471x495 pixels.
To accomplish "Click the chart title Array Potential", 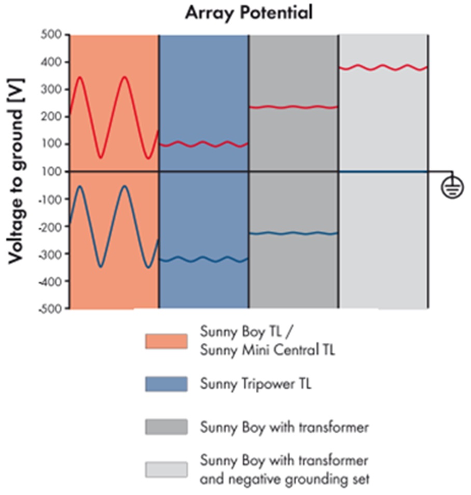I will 249,12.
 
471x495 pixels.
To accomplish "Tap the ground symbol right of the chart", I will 452,188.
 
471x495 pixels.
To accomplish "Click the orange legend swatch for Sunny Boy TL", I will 166,342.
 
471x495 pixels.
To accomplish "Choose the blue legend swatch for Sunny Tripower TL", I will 166,384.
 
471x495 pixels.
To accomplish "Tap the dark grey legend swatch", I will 166,427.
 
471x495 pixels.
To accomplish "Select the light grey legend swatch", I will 166,469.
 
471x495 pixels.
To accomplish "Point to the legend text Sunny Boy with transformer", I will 284,428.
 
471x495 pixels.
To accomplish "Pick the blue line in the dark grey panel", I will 294,233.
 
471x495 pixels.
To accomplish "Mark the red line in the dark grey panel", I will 294,107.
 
